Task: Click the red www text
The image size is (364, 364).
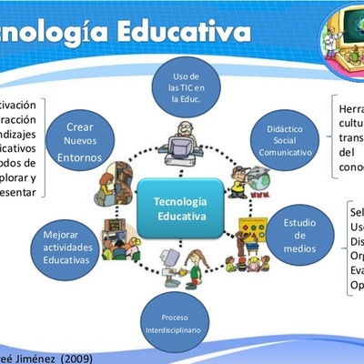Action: tap(258, 195)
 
